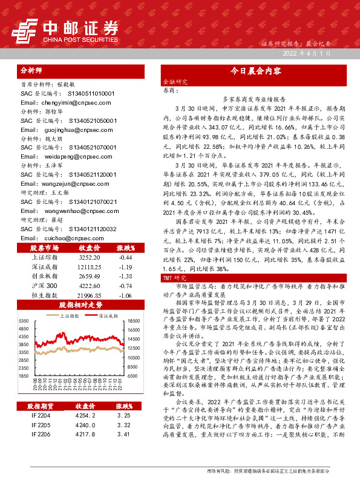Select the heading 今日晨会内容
click(x=257, y=71)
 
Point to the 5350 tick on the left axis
click(x=24, y=320)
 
